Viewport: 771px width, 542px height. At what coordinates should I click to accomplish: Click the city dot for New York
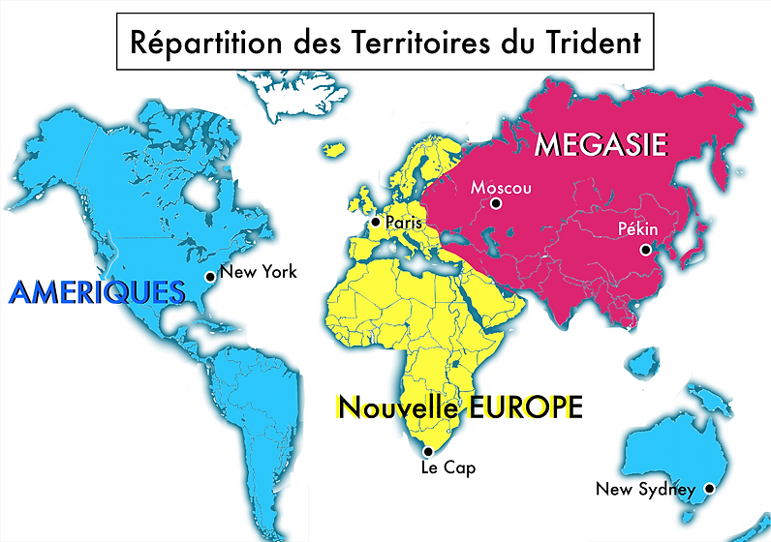(209, 276)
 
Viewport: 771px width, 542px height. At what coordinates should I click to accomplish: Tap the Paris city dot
(376, 222)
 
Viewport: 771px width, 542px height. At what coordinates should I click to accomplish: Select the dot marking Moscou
(496, 203)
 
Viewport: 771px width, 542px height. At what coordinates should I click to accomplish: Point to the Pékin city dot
(644, 250)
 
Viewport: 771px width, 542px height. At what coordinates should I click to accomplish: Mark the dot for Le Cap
(429, 451)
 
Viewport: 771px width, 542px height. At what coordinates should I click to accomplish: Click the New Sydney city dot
(708, 489)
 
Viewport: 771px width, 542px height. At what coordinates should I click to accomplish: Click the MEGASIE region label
(601, 145)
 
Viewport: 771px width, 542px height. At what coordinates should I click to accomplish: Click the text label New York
(259, 272)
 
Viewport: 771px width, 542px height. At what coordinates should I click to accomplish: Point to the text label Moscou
(501, 187)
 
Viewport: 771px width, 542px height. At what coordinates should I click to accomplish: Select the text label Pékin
(637, 229)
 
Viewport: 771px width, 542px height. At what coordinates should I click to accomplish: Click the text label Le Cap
(447, 468)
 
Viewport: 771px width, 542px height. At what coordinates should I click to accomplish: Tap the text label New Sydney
(644, 489)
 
